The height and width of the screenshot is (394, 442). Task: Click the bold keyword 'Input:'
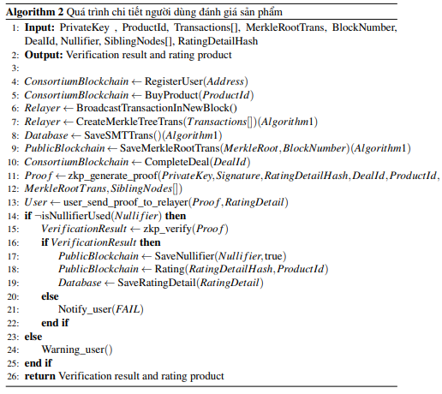click(39, 27)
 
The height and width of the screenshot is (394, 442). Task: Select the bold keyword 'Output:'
click(44, 55)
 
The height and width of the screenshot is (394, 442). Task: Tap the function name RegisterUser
click(174, 81)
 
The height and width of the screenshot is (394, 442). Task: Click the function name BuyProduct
click(171, 95)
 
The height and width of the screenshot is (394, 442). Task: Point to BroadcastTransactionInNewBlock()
click(157, 108)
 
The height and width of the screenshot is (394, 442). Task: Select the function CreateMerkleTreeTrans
click(129, 122)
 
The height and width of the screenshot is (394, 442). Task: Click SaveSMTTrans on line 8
click(119, 135)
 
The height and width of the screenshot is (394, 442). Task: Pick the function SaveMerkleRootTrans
click(170, 148)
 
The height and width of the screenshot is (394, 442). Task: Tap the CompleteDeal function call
click(177, 162)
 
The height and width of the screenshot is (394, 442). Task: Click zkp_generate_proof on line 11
click(112, 176)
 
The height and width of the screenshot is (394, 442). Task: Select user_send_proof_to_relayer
click(126, 202)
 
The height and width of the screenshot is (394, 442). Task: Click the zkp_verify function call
click(167, 229)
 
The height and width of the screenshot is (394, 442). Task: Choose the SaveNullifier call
click(184, 256)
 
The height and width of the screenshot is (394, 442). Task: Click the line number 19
click(13, 284)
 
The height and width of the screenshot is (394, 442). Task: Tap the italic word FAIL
click(128, 309)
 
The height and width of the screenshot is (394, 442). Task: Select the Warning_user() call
click(77, 349)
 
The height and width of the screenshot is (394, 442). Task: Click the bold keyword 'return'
click(40, 377)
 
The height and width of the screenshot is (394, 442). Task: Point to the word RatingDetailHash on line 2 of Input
click(218, 41)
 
